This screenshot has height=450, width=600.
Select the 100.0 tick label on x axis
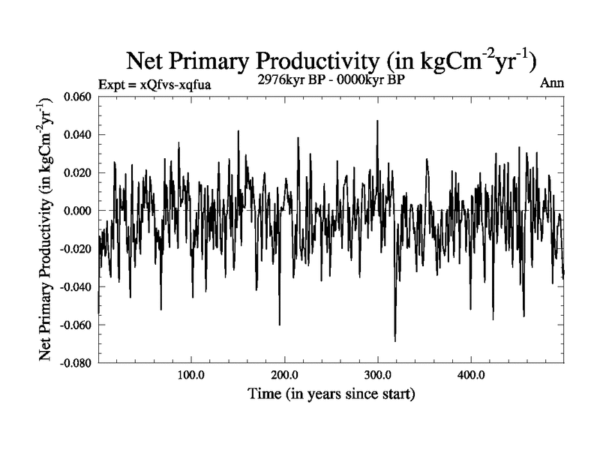[x=191, y=374]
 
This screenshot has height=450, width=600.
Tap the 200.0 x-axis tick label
[x=284, y=374]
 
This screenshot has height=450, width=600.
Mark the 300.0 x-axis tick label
[x=377, y=374]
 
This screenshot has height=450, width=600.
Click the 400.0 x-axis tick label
[x=470, y=374]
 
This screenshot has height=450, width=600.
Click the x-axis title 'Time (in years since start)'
[x=331, y=393]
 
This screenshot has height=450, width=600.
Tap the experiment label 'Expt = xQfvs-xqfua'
[x=154, y=84]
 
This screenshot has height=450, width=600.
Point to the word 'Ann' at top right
[x=552, y=83]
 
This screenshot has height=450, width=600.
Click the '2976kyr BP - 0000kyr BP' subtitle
[x=331, y=80]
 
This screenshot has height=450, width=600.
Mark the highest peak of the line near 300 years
[x=377, y=121]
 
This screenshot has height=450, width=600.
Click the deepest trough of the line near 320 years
[x=395, y=341]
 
